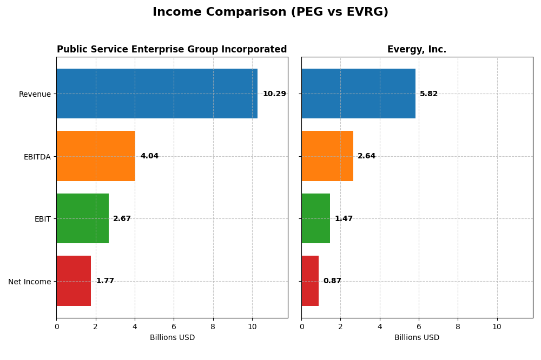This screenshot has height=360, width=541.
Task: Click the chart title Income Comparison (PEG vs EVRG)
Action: click(270, 12)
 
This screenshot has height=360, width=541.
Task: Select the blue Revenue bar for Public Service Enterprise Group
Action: click(157, 94)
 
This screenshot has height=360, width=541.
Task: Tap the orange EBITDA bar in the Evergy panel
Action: click(327, 156)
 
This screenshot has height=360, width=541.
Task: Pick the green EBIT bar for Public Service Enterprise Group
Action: click(82, 218)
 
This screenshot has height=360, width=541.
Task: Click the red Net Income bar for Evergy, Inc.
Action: click(310, 281)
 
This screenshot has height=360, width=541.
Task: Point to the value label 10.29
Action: click(274, 94)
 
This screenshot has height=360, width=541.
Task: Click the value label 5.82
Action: click(428, 94)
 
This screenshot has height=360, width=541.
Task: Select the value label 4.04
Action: click(149, 156)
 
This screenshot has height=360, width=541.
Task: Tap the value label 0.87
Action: click(332, 281)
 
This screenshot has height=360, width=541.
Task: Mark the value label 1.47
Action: click(344, 219)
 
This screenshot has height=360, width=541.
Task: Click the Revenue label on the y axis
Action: click(35, 94)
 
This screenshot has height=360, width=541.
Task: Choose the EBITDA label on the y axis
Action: click(37, 157)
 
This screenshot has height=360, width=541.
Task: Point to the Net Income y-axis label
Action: click(29, 282)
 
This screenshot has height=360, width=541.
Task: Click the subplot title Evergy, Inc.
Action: click(417, 50)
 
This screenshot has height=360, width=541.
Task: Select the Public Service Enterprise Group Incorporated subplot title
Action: click(171, 50)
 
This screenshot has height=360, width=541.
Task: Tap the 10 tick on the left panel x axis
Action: click(252, 326)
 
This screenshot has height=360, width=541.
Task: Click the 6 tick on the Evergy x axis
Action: click(419, 326)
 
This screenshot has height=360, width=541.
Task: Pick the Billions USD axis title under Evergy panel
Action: click(417, 338)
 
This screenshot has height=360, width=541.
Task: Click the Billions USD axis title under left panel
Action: click(172, 338)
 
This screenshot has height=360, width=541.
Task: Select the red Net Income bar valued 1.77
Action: click(74, 281)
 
